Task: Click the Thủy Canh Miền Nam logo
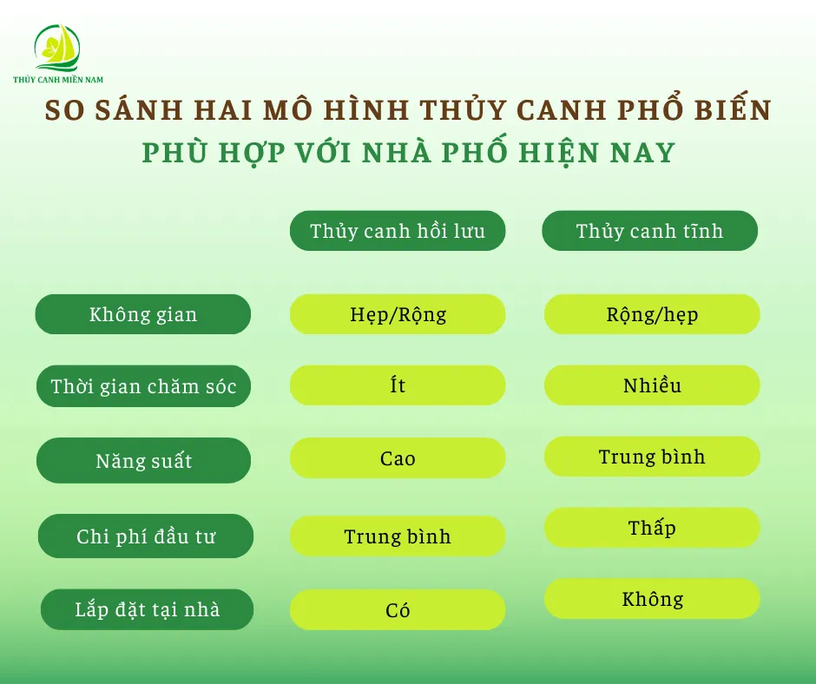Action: point(57,52)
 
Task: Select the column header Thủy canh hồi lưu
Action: point(398,231)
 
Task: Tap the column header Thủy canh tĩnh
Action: point(649,231)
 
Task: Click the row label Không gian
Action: point(143,314)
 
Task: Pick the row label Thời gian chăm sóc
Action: point(143,386)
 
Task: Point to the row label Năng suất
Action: point(143,460)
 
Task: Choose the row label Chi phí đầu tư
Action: point(146,536)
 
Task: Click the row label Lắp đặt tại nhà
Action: point(147,609)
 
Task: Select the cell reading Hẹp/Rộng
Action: point(398,314)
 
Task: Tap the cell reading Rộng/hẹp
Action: point(652,314)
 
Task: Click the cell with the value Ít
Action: point(398,385)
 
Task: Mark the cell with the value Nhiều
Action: point(652,385)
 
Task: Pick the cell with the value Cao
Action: point(398,458)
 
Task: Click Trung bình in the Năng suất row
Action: point(652,457)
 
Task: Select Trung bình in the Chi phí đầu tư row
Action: point(398,536)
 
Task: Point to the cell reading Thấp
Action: point(652,528)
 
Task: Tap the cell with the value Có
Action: point(398,610)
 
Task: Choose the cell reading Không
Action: point(652,599)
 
